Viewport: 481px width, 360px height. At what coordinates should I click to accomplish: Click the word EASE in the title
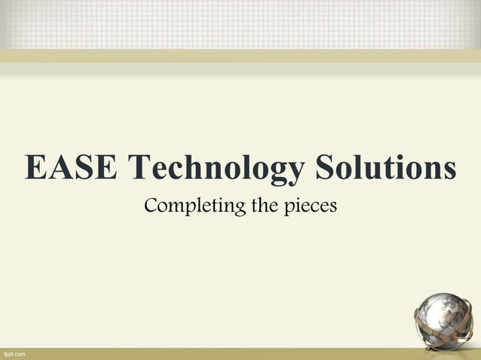coord(70,167)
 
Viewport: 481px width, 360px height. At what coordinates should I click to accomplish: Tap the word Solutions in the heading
coord(385,167)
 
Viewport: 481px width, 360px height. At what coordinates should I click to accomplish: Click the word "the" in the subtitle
coord(265,204)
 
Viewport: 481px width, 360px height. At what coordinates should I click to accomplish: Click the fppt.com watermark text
coord(14,353)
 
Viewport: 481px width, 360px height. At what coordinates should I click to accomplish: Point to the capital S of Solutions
coord(326,167)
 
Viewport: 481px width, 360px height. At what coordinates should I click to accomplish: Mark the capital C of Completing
coord(152,204)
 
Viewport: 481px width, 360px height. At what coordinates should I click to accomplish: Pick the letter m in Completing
coord(178,206)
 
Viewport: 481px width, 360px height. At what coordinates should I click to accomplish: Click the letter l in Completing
coord(201,203)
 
